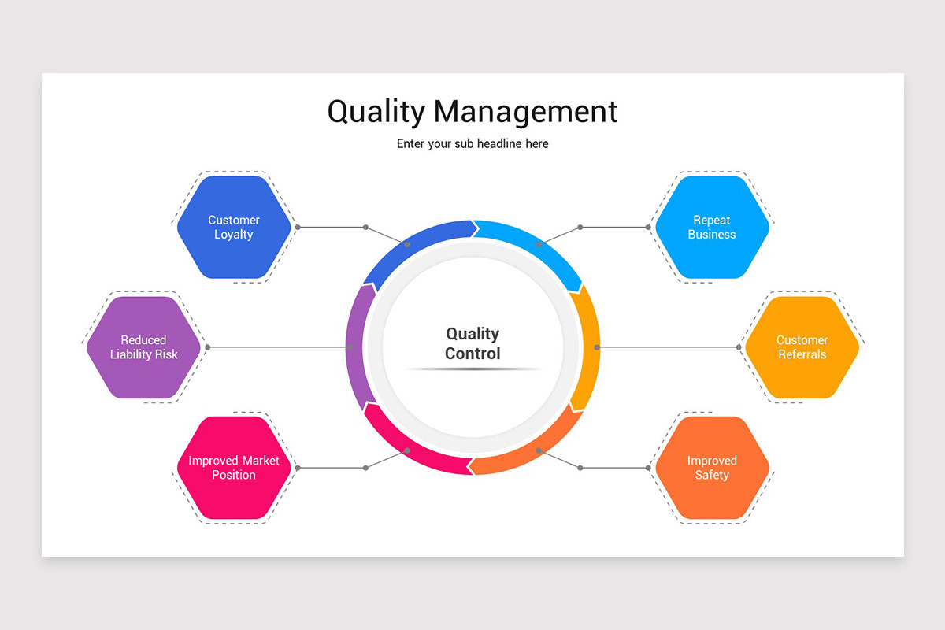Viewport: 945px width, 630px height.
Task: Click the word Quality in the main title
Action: (x=376, y=112)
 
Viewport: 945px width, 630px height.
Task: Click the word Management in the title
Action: (x=525, y=112)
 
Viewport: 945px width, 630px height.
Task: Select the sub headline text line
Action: (x=472, y=144)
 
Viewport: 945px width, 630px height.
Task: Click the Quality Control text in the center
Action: (x=472, y=344)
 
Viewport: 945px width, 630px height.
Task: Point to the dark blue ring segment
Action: (x=417, y=240)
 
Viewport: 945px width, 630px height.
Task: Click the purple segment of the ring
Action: (x=355, y=346)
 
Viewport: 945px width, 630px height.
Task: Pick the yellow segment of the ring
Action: (x=589, y=346)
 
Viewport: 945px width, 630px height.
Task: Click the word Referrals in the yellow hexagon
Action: (x=802, y=354)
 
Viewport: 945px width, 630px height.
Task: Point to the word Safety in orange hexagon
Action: (x=712, y=475)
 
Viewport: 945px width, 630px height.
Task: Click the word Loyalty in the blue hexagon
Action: (x=234, y=235)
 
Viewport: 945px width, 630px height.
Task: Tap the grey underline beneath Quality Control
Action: (x=472, y=369)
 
